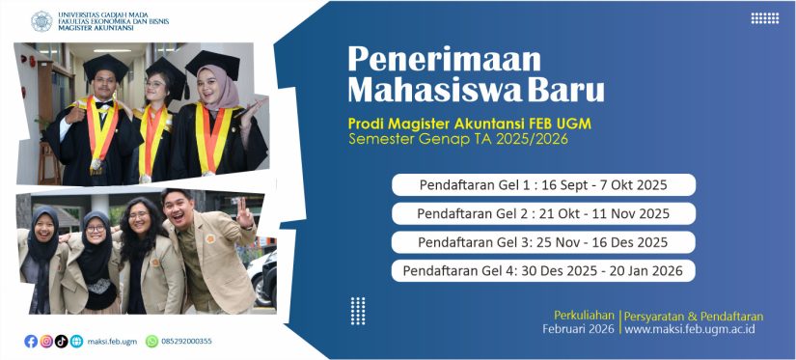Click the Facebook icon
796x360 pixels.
[x=31, y=341]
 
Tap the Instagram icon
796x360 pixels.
[x=46, y=341]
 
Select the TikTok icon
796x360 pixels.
[x=61, y=341]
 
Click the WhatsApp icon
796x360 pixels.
[x=151, y=341]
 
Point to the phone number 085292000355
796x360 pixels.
[x=186, y=341]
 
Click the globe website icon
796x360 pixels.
[x=76, y=341]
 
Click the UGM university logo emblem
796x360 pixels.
[x=41, y=21]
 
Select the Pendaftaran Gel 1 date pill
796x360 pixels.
[x=543, y=184]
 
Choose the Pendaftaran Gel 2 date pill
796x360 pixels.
[x=543, y=212]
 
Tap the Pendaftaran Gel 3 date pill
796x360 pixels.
[x=543, y=241]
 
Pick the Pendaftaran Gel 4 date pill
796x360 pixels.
[x=543, y=270]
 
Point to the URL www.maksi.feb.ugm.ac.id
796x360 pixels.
[x=689, y=330]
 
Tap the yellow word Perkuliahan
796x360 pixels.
[x=584, y=316]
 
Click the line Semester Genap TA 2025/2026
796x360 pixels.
[x=458, y=140]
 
